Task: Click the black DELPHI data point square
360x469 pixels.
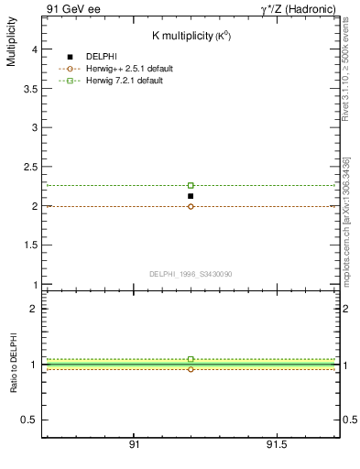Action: click(191, 196)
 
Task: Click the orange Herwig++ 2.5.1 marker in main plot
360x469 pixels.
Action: click(191, 206)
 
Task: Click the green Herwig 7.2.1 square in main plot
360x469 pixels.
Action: click(191, 185)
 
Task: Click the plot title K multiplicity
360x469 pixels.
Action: click(191, 35)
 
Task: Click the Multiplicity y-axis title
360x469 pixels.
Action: click(11, 46)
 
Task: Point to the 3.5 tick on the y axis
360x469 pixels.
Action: click(30, 90)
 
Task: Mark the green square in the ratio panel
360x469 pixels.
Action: click(191, 359)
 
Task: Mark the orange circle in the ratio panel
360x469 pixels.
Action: click(191, 369)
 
